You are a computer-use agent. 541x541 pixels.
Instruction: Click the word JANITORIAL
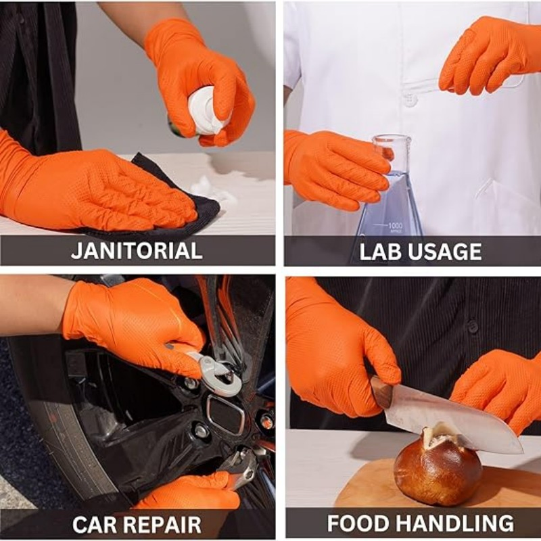[137, 250]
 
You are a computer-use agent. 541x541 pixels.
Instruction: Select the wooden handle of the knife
[382, 392]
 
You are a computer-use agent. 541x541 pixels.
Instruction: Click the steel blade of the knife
[460, 423]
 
